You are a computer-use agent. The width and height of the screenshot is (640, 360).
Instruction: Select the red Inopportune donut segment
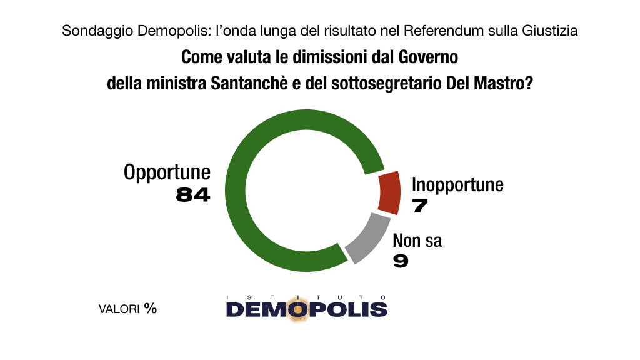pos(389,191)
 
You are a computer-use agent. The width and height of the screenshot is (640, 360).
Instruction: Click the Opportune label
pos(167,172)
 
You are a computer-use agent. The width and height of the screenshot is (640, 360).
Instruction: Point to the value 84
pos(193,195)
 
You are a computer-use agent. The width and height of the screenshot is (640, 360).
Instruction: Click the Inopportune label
pos(457,184)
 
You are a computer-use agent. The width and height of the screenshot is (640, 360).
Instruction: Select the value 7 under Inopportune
pos(419,206)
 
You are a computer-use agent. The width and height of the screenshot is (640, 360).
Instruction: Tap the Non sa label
pos(417,241)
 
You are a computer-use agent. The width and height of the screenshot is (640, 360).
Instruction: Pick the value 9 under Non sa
pos(401,261)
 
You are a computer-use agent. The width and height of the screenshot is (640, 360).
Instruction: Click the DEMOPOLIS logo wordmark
pos(306,309)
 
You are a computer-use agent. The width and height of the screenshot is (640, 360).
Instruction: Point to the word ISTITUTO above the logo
pos(306,296)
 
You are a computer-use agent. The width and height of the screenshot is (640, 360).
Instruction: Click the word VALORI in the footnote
pos(119,309)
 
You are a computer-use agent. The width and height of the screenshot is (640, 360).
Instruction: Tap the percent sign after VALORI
pos(150,309)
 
